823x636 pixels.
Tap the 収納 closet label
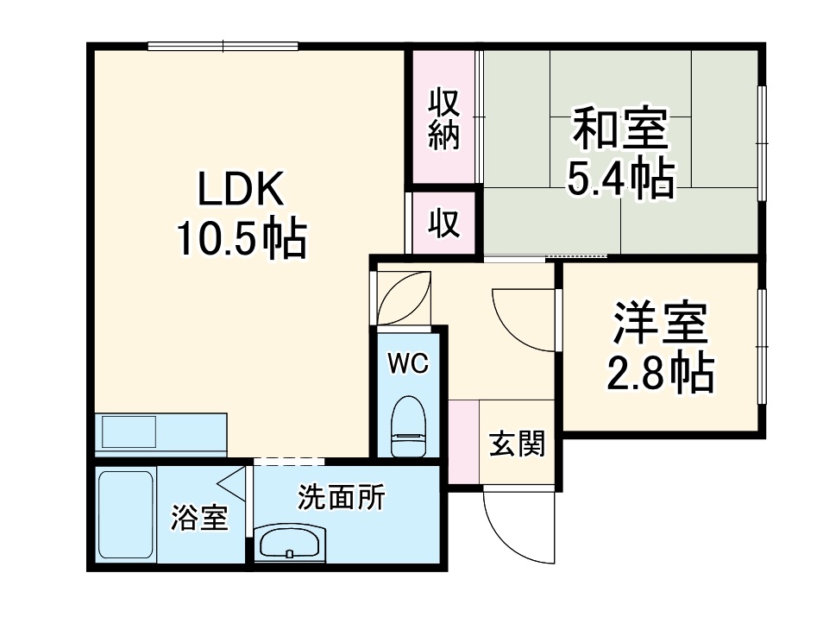coord(444,117)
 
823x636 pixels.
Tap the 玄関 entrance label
coord(518,444)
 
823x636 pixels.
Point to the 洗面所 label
coord(342,497)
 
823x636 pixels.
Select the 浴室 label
coord(199,519)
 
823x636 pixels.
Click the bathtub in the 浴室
coord(126,515)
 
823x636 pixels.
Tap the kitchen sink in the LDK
coord(129,429)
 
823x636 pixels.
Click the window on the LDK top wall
coord(223,46)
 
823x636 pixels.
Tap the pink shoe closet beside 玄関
coord(463,442)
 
